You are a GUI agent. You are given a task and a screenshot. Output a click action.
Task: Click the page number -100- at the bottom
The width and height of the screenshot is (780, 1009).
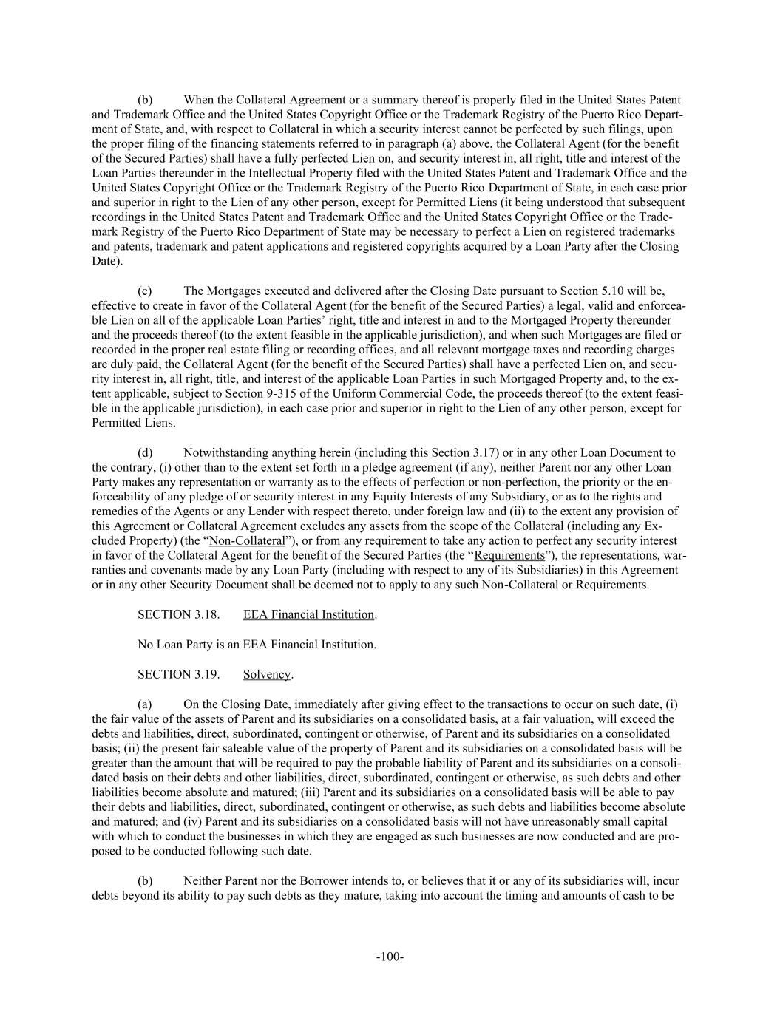390,957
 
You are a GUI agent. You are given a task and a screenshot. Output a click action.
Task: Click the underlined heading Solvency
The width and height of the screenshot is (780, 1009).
267,674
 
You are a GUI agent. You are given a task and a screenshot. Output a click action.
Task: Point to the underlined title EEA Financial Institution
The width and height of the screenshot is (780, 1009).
308,614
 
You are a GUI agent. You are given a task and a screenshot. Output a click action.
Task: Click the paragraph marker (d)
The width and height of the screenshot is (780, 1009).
145,452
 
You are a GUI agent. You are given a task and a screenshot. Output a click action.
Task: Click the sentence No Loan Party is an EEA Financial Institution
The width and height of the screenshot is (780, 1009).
257,645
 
